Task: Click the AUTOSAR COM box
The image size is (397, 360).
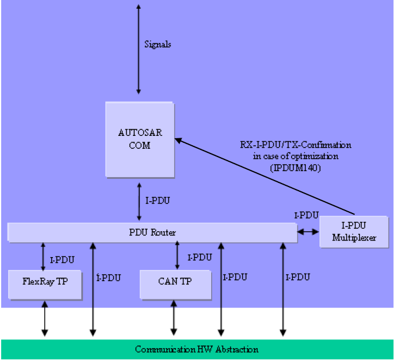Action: point(139,139)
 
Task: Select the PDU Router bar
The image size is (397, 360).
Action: point(152,232)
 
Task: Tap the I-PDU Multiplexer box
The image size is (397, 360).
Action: point(353,232)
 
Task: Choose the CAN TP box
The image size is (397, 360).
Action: point(175,281)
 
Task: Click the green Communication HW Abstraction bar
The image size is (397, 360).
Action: point(196,349)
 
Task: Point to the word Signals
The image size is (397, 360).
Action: point(158,44)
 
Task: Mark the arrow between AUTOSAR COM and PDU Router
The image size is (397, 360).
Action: point(138,201)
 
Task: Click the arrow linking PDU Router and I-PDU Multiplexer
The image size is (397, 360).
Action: point(308,232)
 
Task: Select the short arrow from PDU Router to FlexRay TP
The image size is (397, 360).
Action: point(43,256)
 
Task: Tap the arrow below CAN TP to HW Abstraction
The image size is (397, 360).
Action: point(174,318)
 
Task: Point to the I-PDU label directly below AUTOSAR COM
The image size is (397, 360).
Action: point(157,201)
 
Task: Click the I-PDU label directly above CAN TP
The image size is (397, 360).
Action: point(199,257)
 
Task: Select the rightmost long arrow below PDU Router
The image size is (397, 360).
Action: point(283,288)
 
